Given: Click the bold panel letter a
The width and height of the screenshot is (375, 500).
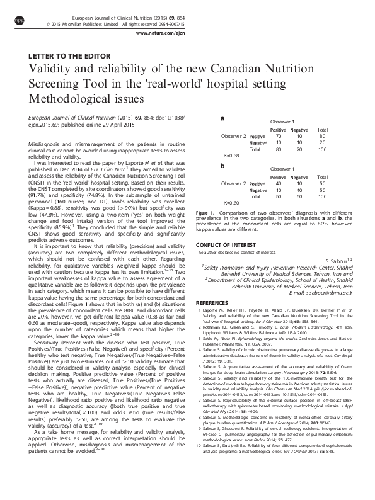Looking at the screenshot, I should [222, 118].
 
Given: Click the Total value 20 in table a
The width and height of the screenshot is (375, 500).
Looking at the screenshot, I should [323, 142].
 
